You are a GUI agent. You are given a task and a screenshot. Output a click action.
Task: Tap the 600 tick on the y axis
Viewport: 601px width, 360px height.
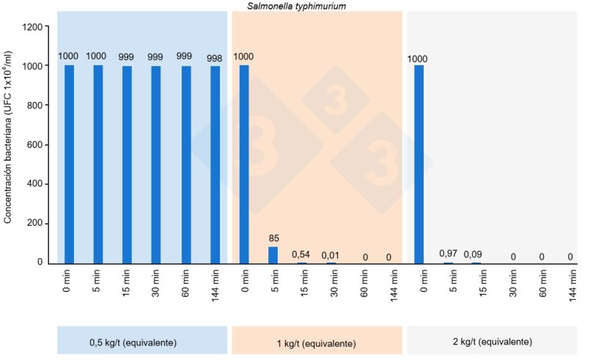point(34,145)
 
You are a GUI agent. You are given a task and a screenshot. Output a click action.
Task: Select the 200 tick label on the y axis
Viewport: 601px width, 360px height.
point(34,224)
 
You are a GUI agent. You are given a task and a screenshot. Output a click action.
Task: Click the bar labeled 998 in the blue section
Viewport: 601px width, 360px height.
point(215,164)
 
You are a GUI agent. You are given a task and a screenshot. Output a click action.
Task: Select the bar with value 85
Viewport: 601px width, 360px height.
point(273,254)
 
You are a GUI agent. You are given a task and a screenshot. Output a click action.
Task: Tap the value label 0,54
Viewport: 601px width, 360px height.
point(302,255)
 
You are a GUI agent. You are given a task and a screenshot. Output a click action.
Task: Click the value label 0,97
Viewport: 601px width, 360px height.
point(448,254)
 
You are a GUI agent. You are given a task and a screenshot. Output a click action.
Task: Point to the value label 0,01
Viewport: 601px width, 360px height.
point(331,255)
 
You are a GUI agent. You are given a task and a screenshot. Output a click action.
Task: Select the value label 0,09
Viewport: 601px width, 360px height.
point(476,255)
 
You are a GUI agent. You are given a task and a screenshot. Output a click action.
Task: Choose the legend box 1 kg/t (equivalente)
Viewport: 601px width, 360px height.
point(317,342)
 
